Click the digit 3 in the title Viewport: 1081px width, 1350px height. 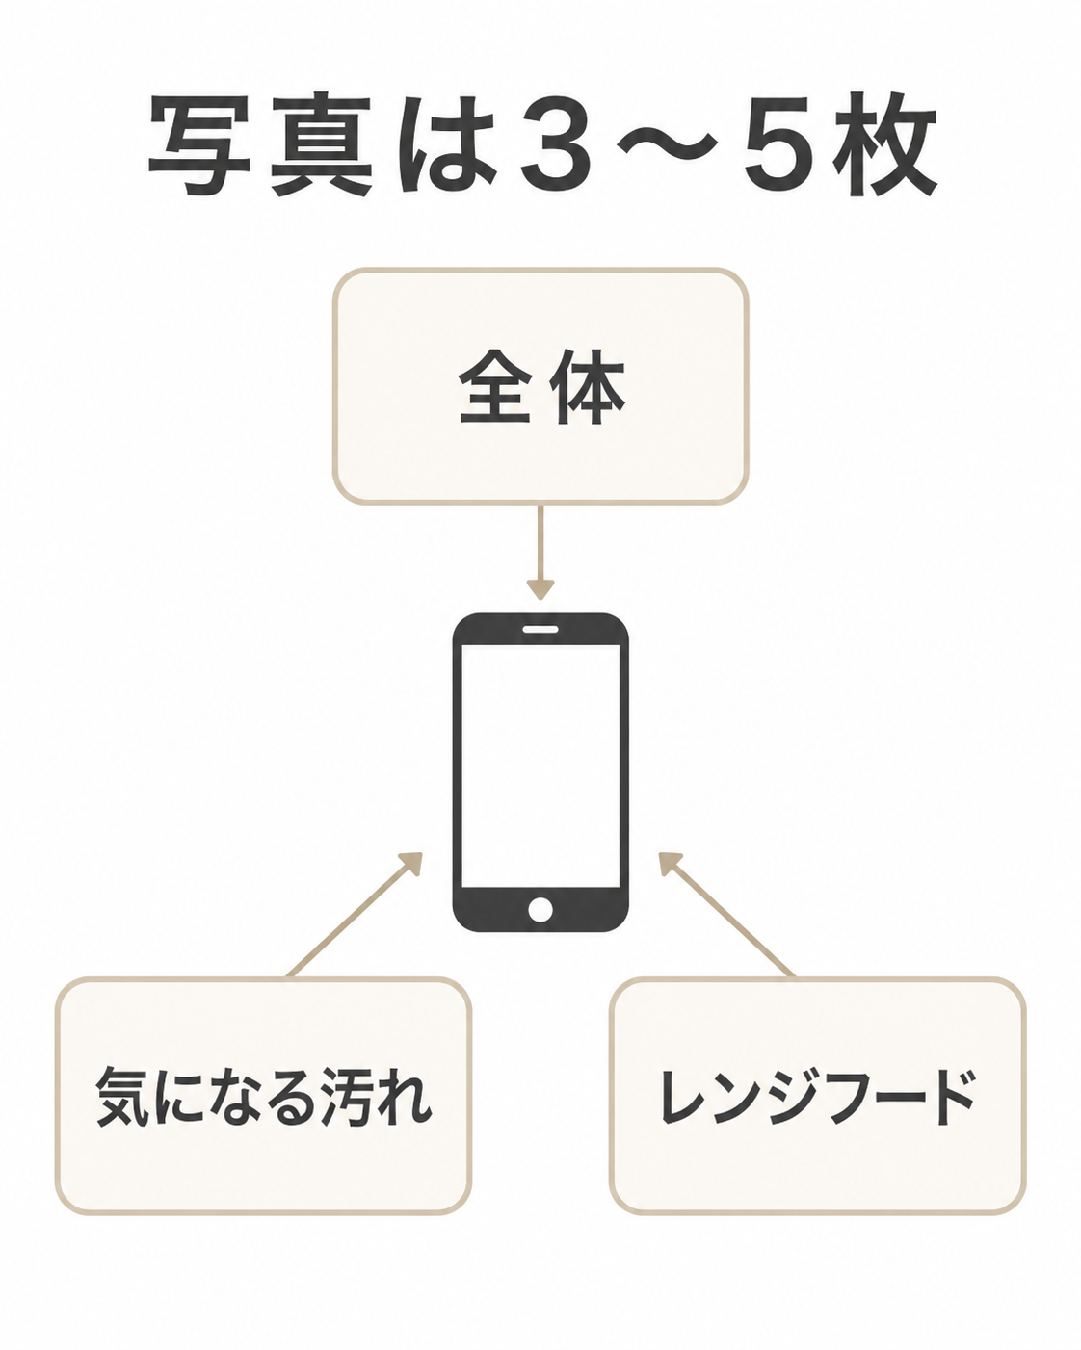coord(557,143)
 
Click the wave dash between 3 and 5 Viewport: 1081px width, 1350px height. coord(668,145)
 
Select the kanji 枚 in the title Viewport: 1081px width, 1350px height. coord(885,143)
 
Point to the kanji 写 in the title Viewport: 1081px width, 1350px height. coord(199,144)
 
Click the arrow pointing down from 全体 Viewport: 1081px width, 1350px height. coord(540,552)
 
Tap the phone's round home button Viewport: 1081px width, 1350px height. coord(540,909)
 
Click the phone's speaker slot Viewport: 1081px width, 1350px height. coord(540,628)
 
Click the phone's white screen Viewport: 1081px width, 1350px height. coord(540,765)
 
